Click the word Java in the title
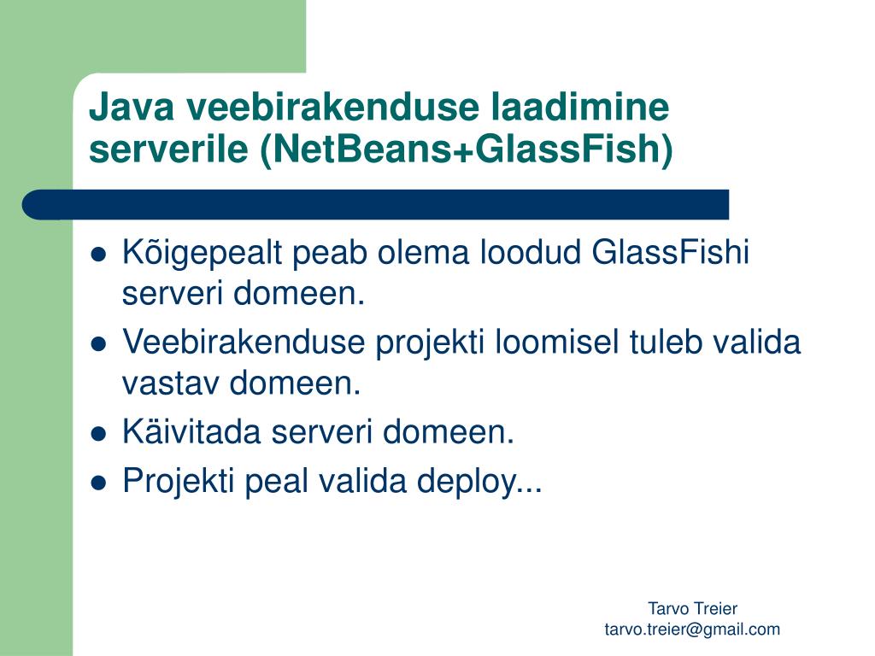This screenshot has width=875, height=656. click(132, 107)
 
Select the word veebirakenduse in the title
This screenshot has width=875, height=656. click(332, 107)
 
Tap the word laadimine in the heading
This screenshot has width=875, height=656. click(580, 107)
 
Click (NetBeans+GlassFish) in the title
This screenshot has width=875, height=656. click(467, 149)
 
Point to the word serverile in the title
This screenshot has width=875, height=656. click(168, 149)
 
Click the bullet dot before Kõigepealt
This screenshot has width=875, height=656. click(98, 255)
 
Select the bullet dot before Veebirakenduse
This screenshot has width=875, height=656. click(98, 344)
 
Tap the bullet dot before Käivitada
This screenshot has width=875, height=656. click(98, 433)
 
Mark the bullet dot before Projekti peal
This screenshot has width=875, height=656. click(98, 482)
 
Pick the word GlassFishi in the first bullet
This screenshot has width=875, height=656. click(670, 252)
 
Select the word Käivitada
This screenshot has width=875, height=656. click(191, 431)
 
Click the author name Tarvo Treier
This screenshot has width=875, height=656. click(692, 608)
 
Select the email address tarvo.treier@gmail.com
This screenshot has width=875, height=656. click(692, 630)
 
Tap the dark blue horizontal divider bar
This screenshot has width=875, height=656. click(376, 205)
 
